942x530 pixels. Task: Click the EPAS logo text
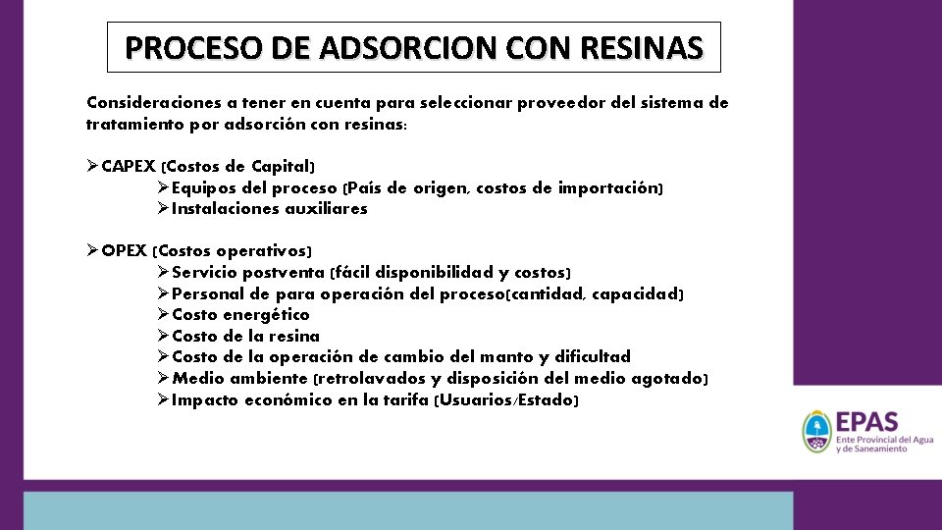pos(865,422)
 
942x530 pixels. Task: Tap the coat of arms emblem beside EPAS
pos(815,432)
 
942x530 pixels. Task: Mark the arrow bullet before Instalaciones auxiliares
pos(163,208)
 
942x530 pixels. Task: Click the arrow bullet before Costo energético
pos(163,315)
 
